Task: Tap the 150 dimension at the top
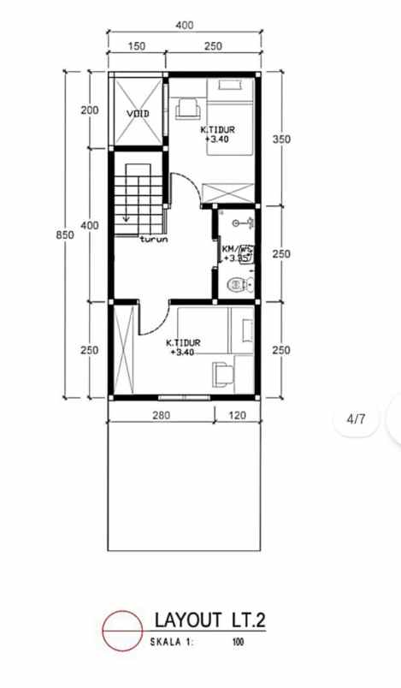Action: point(136,46)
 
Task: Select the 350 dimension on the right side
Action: point(281,139)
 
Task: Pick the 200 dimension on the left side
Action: point(90,110)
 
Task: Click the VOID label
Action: point(138,113)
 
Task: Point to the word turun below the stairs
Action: point(154,240)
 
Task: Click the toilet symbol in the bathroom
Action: point(235,284)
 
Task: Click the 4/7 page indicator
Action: point(356,419)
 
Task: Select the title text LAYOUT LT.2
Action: point(209,619)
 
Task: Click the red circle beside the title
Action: point(122,629)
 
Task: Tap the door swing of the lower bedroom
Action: point(149,318)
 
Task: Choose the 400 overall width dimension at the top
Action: point(184,26)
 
